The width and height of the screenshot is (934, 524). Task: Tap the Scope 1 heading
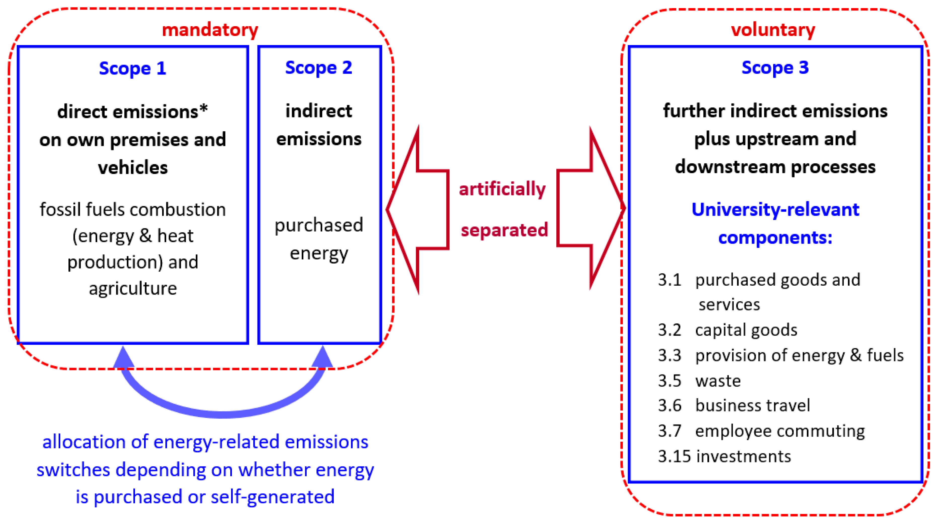[132, 68]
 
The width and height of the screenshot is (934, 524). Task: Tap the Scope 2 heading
[318, 67]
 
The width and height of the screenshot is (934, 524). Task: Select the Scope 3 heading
[775, 67]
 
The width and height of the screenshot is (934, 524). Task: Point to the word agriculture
[133, 288]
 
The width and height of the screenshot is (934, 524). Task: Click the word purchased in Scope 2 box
[318, 225]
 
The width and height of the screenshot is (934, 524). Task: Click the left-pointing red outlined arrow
[417, 209]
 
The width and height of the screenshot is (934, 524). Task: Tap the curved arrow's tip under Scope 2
[322, 357]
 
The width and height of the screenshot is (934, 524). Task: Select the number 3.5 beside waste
[669, 381]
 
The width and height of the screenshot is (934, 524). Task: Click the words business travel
[752, 405]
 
